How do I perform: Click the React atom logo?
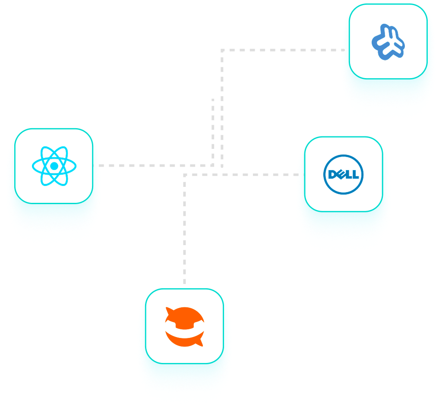click(x=54, y=166)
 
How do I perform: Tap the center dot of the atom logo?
click(x=54, y=166)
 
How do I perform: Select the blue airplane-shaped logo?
click(x=388, y=42)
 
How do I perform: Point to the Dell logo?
click(x=343, y=174)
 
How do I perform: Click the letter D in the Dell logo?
click(x=332, y=174)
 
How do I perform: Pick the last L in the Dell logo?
click(x=355, y=174)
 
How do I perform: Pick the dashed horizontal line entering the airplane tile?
click(x=281, y=50)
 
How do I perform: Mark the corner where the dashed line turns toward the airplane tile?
click(x=222, y=50)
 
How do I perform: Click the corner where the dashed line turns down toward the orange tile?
click(x=185, y=175)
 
